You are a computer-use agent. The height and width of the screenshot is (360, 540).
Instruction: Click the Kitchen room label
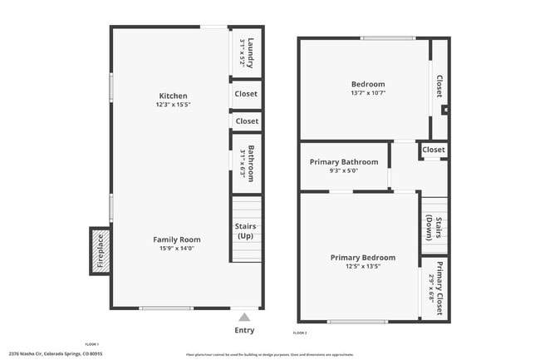[x=173, y=96]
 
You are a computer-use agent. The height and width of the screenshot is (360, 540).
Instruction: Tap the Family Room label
[x=176, y=239]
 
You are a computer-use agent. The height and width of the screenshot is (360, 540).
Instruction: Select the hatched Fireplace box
[x=100, y=251]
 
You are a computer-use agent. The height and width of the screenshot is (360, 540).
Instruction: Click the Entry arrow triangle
[x=244, y=317]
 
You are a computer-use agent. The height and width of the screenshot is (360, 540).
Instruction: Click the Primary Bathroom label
[x=344, y=162]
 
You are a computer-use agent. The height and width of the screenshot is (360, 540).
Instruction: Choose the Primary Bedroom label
[x=362, y=258]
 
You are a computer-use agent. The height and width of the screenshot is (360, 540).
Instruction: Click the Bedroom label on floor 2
[x=368, y=84]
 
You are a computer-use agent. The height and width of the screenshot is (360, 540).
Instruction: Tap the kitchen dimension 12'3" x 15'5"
[x=173, y=105]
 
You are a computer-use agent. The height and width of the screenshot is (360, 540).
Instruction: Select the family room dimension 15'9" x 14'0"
[x=176, y=249]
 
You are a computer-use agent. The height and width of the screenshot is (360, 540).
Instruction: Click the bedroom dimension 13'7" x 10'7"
[x=368, y=93]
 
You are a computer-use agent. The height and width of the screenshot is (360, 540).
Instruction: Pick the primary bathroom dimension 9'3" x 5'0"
[x=344, y=171]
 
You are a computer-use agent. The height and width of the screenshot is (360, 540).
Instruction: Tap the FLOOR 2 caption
[x=300, y=333]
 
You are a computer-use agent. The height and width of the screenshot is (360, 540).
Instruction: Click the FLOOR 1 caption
[x=91, y=344]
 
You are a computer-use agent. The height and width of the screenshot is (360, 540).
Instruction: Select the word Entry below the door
[x=244, y=330]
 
